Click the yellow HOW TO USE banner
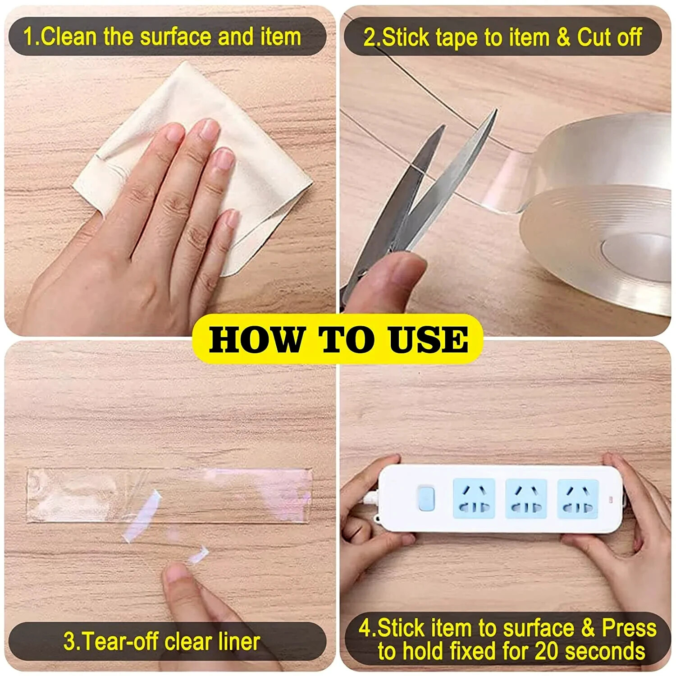click(338, 339)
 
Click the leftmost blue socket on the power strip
click(474, 498)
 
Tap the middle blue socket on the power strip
click(526, 498)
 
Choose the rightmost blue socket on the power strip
click(578, 498)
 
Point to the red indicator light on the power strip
click(611, 500)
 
